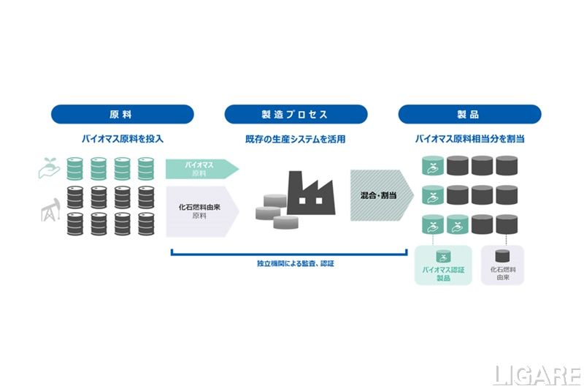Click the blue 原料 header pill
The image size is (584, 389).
122,114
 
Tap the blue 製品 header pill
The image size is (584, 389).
469,114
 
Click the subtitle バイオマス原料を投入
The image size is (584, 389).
122,138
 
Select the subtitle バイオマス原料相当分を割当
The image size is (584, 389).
469,138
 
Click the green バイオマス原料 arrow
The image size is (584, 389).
201,169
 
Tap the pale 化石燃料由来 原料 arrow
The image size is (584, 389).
201,211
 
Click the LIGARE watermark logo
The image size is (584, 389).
538,373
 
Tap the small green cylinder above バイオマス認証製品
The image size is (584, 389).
442,256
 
